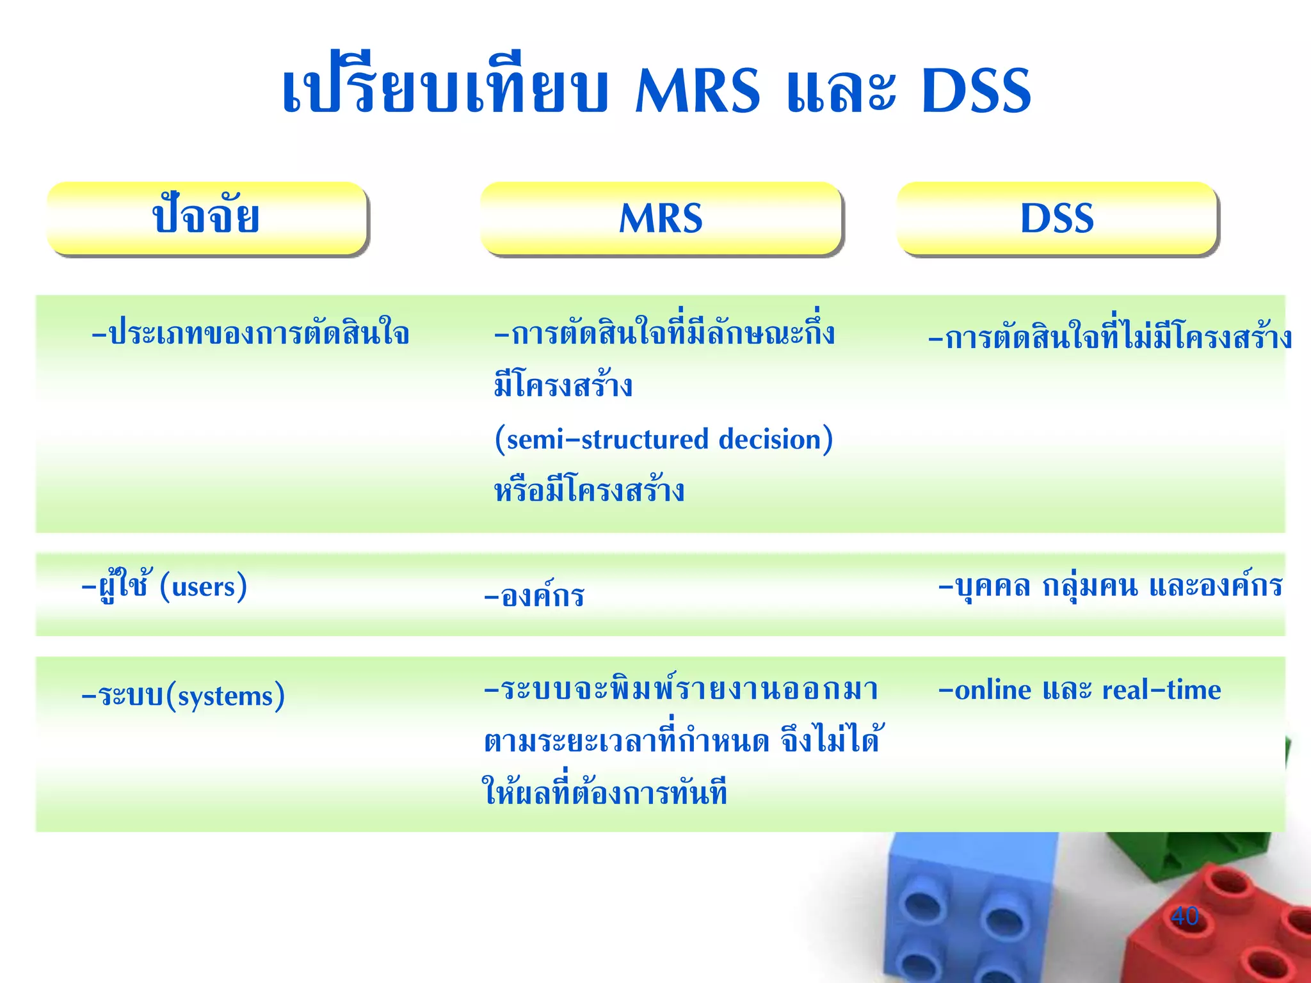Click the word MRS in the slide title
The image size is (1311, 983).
[x=697, y=91]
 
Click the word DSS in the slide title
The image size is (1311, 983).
[x=976, y=91]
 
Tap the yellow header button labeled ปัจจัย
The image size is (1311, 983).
[x=207, y=218]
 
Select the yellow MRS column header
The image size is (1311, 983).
[x=661, y=218]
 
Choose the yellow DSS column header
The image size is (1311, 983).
[x=1056, y=218]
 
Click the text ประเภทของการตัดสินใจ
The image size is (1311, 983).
[x=250, y=333]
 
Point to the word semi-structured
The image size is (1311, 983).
[x=602, y=440]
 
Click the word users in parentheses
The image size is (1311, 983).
[x=204, y=586]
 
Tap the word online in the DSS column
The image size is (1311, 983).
[x=993, y=690]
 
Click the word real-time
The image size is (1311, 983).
[x=1161, y=690]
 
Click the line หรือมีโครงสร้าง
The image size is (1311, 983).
[x=589, y=491]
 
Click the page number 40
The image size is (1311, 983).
[x=1184, y=916]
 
